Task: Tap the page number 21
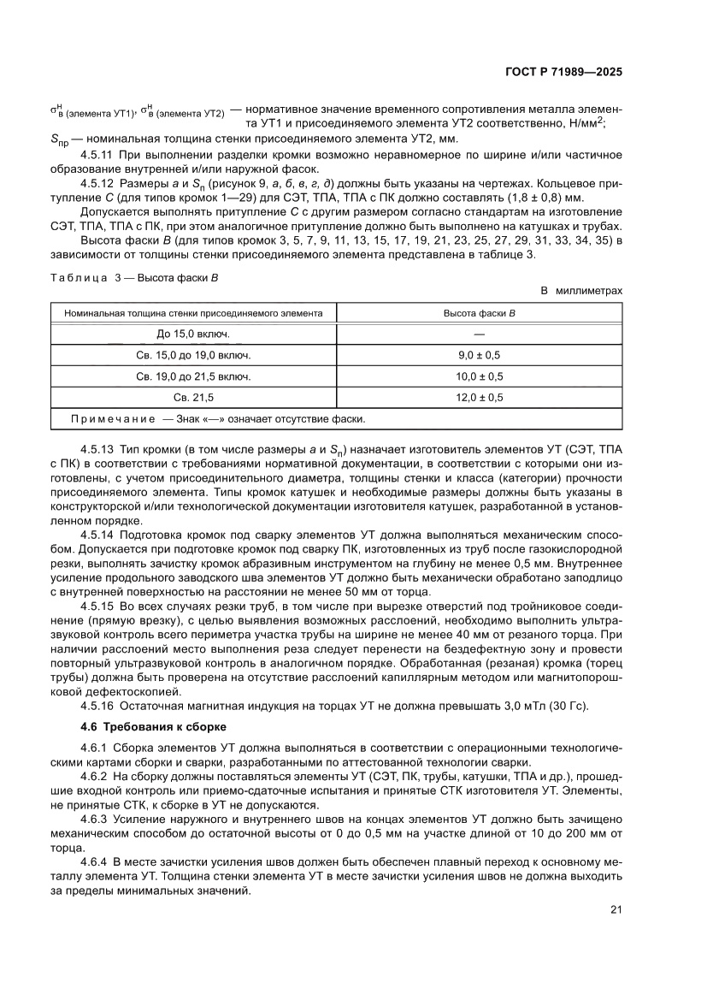click(x=616, y=909)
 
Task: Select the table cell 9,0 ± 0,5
click(x=479, y=354)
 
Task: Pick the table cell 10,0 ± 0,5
click(x=479, y=376)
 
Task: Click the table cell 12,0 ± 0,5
click(x=479, y=397)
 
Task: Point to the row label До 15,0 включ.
click(x=193, y=333)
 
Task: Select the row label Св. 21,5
click(x=193, y=397)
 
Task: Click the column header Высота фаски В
click(x=479, y=313)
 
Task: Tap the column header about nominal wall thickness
click(x=193, y=313)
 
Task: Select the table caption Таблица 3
click(x=82, y=276)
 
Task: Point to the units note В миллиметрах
click(x=581, y=291)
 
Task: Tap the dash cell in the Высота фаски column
click(x=479, y=333)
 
